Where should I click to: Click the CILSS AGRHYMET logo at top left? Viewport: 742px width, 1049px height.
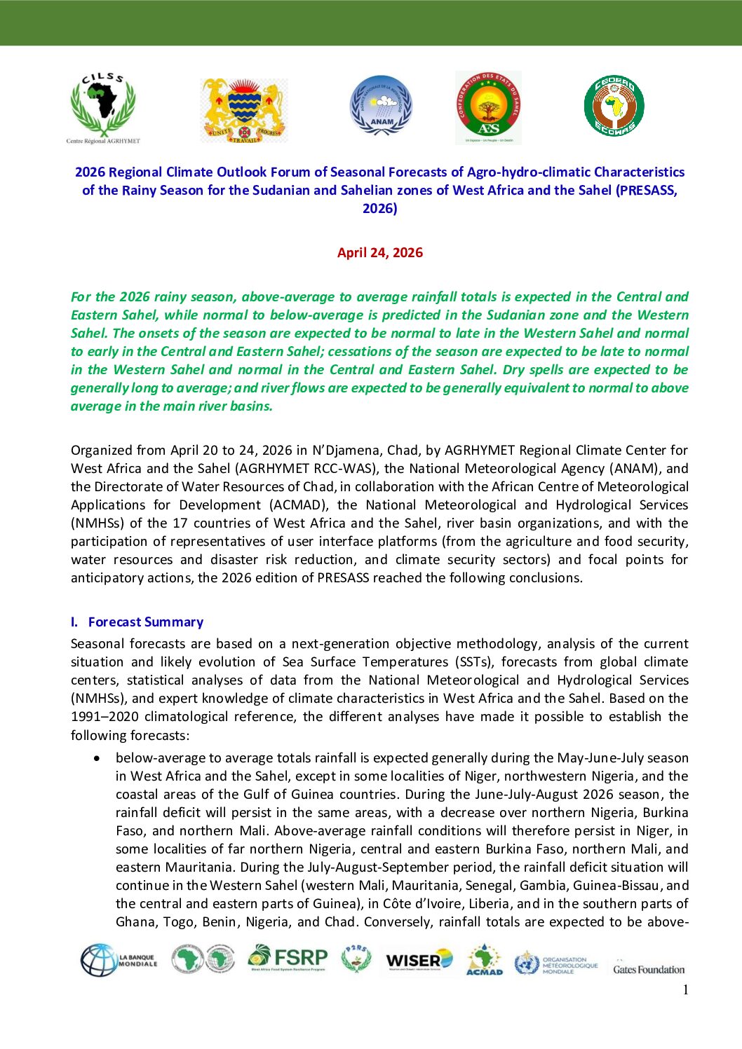pos(103,108)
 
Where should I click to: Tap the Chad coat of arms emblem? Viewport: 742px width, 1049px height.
pos(244,110)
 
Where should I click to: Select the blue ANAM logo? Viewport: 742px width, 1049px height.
pos(381,106)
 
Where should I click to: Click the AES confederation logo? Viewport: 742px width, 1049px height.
pos(488,107)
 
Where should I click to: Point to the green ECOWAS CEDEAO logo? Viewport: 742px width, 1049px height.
pos(614,107)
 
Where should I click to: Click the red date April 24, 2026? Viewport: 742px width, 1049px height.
pos(379,253)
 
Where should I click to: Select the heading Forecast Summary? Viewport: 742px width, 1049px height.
pos(146,622)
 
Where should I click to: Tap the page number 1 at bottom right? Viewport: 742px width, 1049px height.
pos(685,989)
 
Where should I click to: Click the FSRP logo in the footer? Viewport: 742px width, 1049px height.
pos(288,958)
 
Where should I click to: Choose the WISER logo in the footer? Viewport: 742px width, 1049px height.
pos(419,959)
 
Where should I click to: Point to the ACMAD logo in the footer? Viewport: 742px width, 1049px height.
pos(484,959)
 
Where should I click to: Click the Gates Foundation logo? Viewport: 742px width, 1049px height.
pos(649,969)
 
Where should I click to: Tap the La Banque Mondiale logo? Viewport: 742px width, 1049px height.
pos(118,960)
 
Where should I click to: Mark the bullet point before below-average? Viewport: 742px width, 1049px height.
pos(97,758)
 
